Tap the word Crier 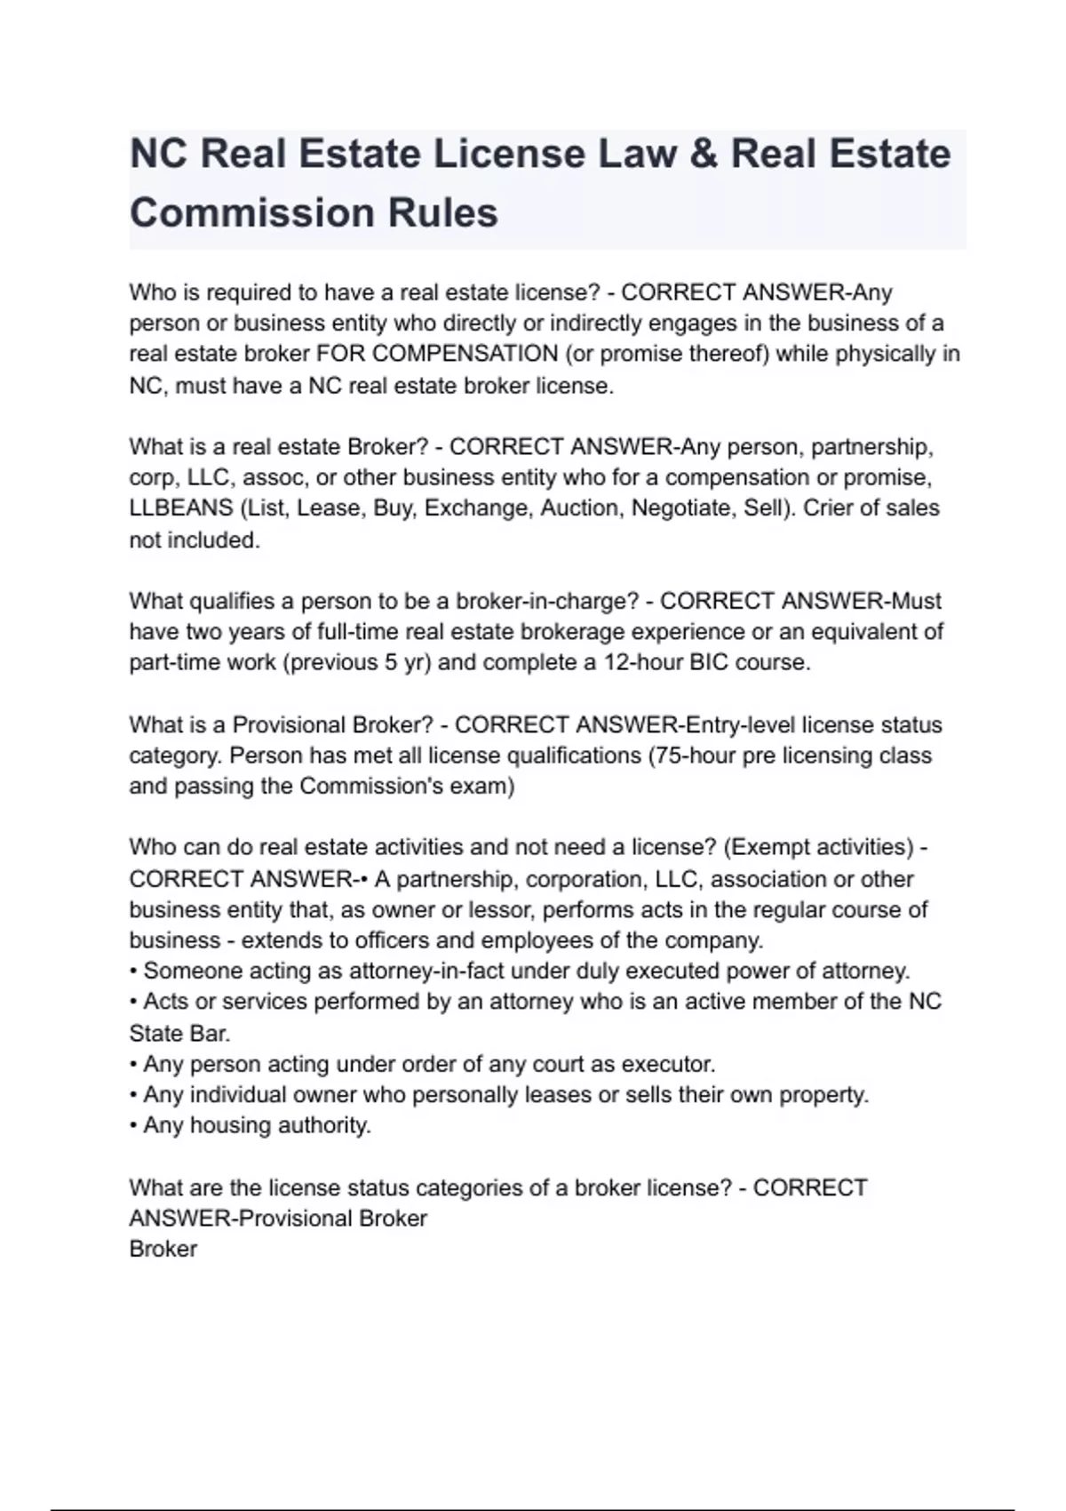coord(832,508)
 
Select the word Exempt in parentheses coord(769,847)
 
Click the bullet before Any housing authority coord(133,1125)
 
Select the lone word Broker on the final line coord(163,1249)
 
